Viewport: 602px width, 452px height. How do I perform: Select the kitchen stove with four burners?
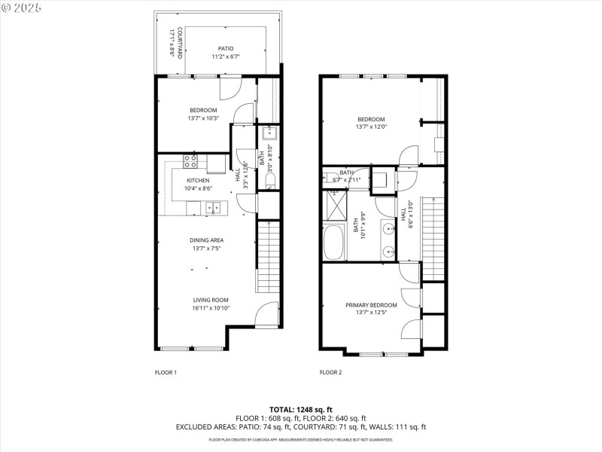[x=192, y=160]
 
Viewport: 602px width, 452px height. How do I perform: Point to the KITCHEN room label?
[x=198, y=181]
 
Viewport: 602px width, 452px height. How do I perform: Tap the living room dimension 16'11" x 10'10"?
[x=210, y=307]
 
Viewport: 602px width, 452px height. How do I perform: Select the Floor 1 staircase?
[x=269, y=256]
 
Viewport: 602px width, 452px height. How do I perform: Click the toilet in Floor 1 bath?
[x=270, y=180]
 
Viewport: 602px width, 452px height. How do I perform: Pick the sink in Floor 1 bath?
[x=270, y=136]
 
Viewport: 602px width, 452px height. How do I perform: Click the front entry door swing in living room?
[x=266, y=314]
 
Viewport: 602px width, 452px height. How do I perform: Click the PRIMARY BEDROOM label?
[x=371, y=305]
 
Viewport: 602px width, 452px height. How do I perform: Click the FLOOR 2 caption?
[x=330, y=372]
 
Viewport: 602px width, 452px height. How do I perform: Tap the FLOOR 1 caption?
[x=166, y=372]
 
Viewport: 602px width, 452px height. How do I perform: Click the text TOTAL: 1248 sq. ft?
[x=300, y=409]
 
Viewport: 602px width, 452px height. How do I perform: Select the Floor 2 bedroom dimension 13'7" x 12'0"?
[x=371, y=127]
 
